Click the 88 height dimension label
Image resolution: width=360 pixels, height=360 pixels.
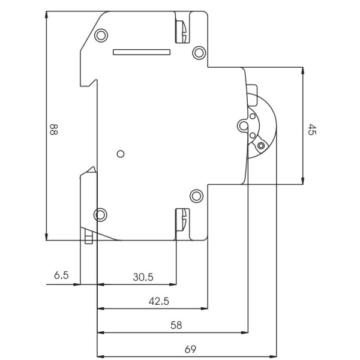pyautogui.click(x=53, y=130)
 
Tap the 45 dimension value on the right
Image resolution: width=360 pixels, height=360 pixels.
pyautogui.click(x=311, y=130)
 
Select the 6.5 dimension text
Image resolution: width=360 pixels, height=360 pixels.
pyautogui.click(x=61, y=276)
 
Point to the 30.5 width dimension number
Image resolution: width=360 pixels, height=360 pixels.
pyautogui.click(x=143, y=277)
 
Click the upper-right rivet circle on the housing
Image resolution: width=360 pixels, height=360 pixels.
pyautogui.click(x=197, y=53)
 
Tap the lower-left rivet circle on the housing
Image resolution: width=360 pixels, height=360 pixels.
pyautogui.click(x=101, y=214)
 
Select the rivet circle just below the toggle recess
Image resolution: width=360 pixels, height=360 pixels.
pyautogui.click(x=196, y=195)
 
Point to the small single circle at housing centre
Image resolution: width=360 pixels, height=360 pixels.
pyautogui.click(x=120, y=154)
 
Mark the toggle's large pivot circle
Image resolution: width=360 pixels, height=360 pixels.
pyautogui.click(x=243, y=125)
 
